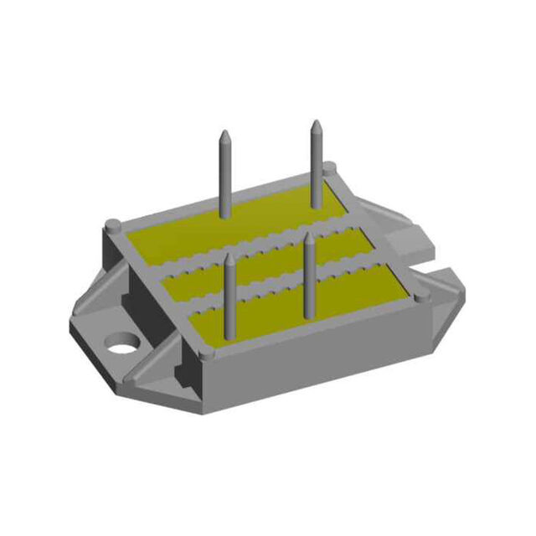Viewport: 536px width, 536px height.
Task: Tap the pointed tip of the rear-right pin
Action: pos(316,126)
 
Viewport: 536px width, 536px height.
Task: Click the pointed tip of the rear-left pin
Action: pos(224,134)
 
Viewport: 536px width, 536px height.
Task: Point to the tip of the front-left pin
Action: pos(229,260)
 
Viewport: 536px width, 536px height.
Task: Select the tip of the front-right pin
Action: pos(309,238)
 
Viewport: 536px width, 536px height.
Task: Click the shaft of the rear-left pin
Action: pos(225,176)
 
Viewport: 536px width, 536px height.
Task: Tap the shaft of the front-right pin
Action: pos(309,276)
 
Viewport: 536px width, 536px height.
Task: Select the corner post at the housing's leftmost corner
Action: pos(111,224)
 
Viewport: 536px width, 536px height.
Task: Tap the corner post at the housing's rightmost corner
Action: pos(419,294)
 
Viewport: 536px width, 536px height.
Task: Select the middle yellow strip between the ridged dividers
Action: pos(268,264)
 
